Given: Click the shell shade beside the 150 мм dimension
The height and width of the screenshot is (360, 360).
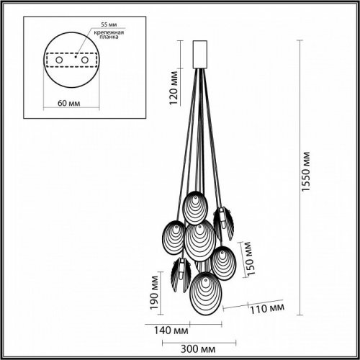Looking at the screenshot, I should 222,261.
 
